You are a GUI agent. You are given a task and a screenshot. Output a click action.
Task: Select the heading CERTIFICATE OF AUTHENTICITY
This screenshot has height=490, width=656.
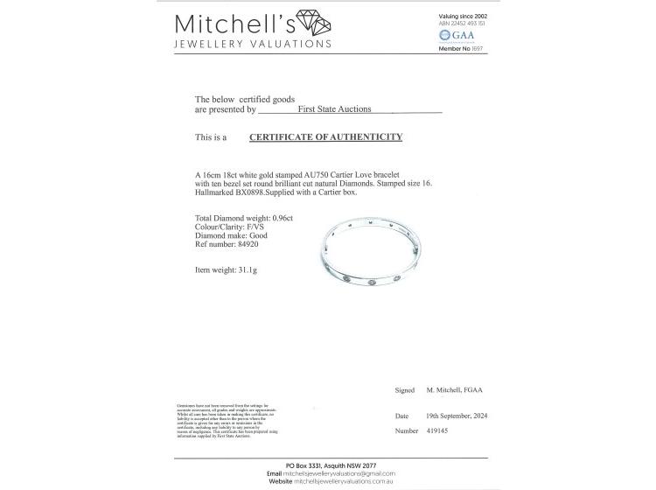click(325, 137)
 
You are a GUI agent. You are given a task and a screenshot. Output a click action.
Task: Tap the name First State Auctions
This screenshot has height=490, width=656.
click(334, 109)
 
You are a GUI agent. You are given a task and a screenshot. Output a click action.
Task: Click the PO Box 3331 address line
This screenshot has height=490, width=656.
click(328, 465)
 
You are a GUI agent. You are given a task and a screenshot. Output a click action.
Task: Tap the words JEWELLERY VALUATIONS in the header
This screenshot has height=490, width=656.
click(253, 44)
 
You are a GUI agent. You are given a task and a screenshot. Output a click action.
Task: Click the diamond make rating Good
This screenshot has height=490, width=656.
click(258, 235)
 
